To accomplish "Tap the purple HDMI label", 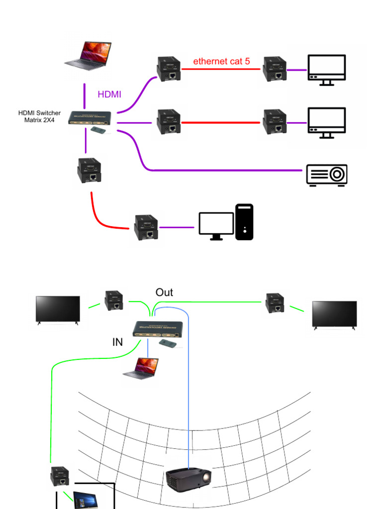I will coord(109,94).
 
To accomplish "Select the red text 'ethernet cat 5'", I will coord(221,62).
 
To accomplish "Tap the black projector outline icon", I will coord(326,175).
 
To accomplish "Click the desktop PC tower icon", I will coord(244,222).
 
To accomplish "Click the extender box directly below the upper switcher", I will coord(90,170).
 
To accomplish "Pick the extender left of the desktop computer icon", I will coord(146,228).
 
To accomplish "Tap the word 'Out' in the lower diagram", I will coord(164,292).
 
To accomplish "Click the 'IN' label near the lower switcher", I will coord(117,342).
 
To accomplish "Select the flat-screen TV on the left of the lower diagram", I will coord(58,310).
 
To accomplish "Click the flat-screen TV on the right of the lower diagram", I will coord(334,314).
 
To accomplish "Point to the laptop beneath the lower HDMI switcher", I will coord(141,369).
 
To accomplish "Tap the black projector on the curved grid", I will coord(188,480).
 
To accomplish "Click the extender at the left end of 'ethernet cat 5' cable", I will coord(169,69).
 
